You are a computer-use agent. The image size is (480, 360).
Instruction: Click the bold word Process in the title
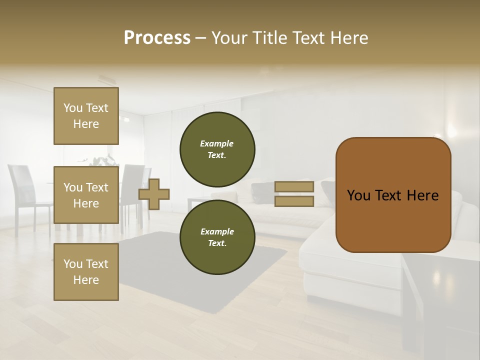(157, 38)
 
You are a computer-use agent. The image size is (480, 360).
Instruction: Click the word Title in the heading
(269, 38)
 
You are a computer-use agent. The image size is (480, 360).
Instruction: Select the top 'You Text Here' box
(86, 116)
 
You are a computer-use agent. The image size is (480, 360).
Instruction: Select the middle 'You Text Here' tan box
(86, 195)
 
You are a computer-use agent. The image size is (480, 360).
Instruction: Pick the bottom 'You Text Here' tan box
(86, 272)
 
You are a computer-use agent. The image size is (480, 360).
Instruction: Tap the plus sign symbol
(154, 194)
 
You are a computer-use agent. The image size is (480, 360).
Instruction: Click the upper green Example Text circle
(217, 149)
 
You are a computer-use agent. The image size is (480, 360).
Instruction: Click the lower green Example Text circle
(217, 237)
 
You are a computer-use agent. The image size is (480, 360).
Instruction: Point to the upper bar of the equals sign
(294, 186)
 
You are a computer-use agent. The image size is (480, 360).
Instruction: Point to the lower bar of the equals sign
(294, 201)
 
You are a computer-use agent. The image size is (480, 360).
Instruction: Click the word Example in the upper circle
(216, 143)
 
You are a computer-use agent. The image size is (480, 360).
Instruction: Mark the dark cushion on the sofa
(262, 189)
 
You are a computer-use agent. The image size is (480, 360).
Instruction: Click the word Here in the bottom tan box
(86, 280)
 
